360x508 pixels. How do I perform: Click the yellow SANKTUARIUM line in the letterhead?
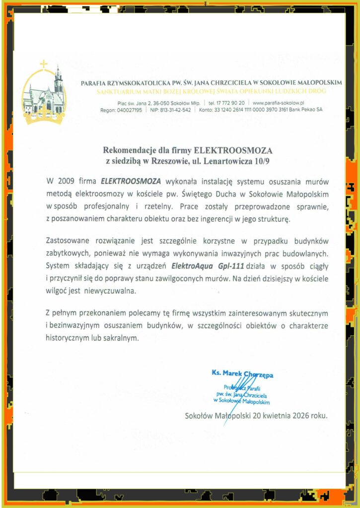(x=212, y=92)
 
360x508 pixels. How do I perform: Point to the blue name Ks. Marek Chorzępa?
(x=242, y=374)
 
